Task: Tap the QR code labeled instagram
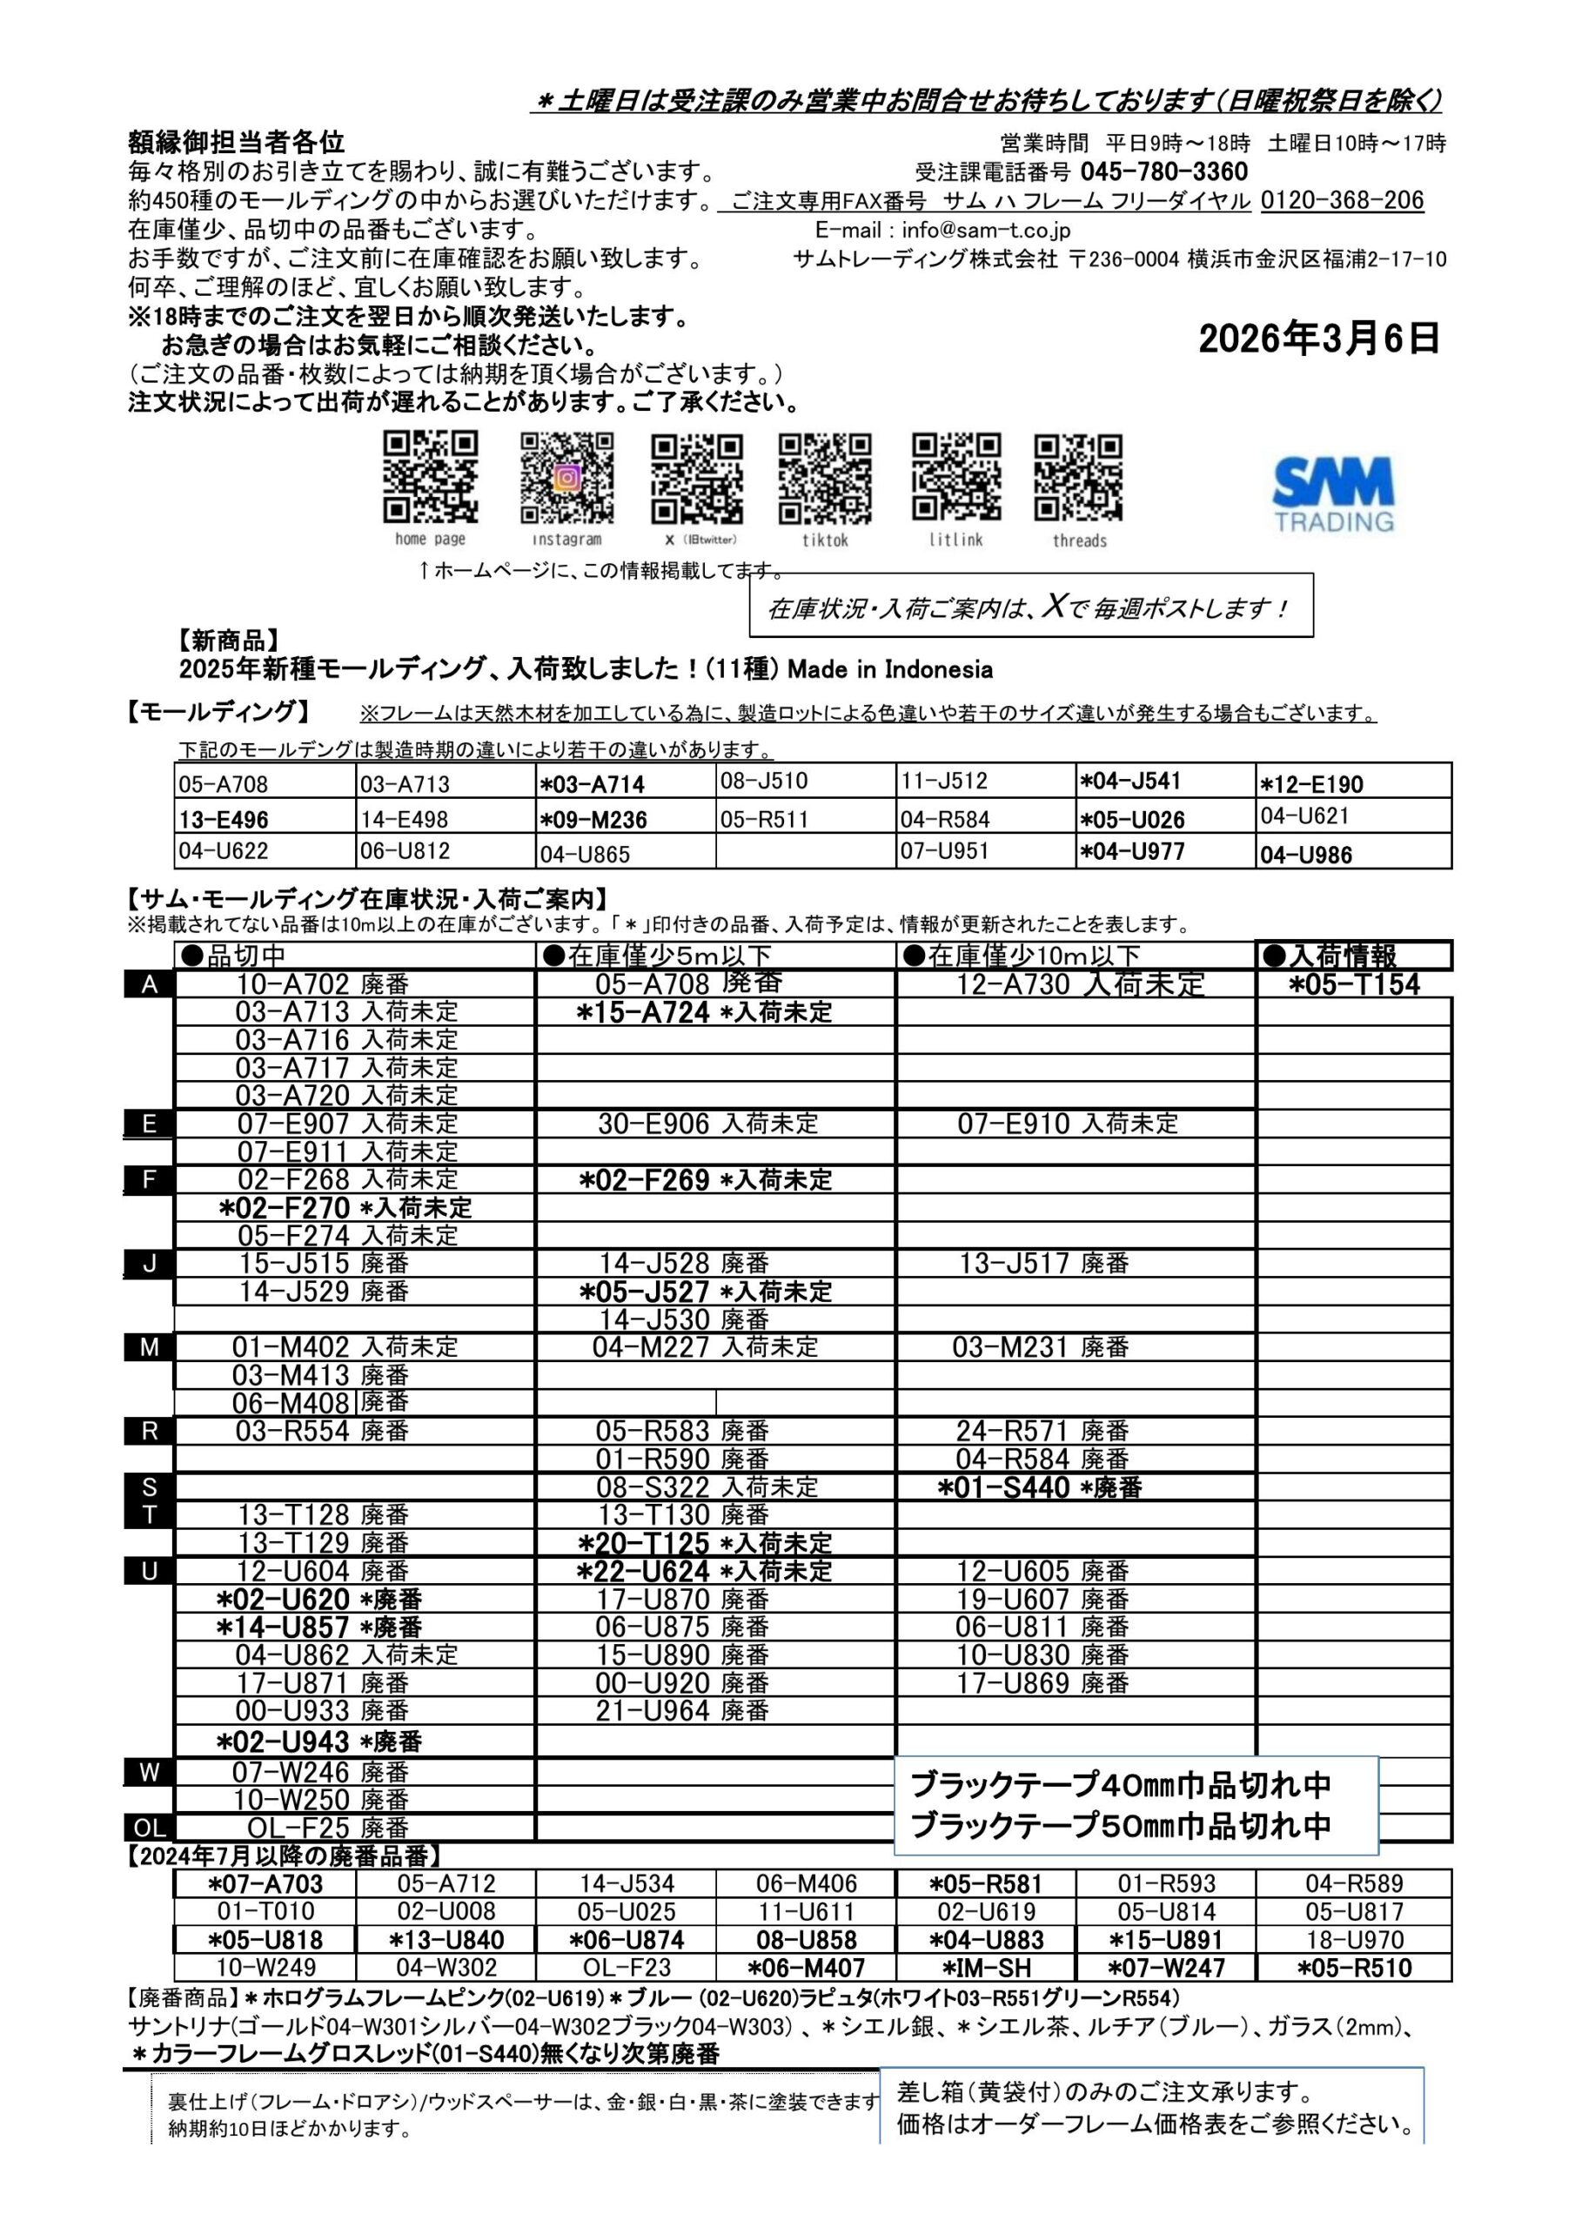(566, 478)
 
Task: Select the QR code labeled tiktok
(824, 478)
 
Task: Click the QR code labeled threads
(1078, 478)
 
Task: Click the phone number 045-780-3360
(1163, 171)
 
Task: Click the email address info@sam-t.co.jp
(985, 230)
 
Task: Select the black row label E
(150, 1124)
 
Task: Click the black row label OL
(150, 1828)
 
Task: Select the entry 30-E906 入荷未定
(707, 1124)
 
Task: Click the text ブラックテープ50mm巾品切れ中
(1121, 1826)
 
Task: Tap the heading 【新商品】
(229, 641)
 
